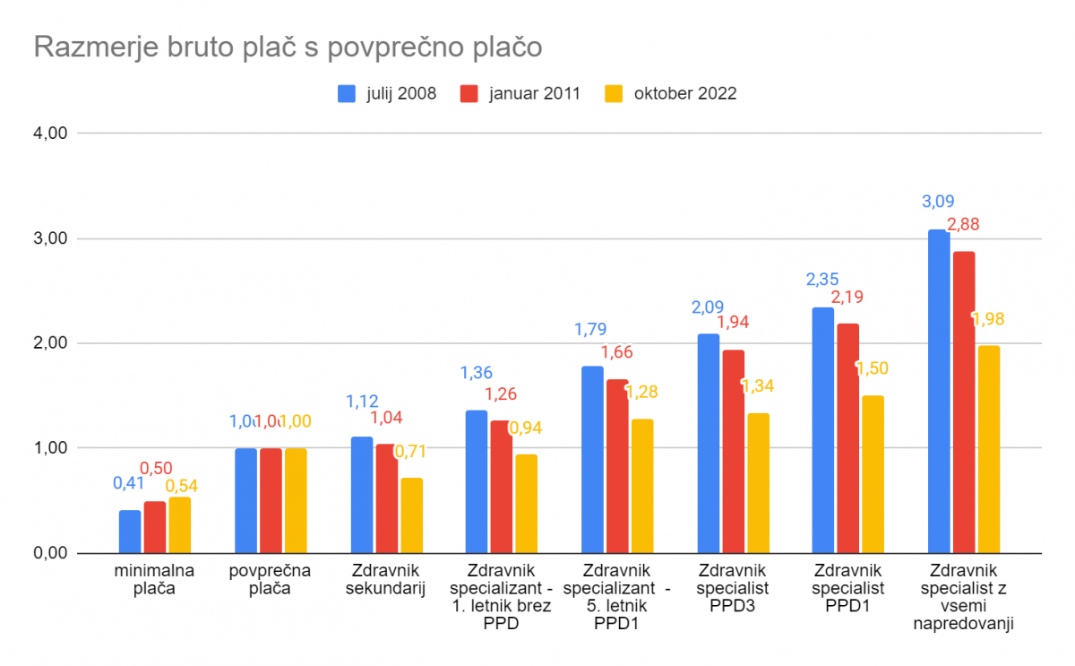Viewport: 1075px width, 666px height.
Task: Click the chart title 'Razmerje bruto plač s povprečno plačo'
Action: (288, 47)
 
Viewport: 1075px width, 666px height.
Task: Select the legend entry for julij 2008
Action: (387, 93)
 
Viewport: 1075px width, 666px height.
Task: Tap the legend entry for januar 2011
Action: (520, 93)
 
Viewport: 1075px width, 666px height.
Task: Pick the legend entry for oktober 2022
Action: (671, 93)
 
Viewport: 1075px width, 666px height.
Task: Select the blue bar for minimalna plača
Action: (130, 532)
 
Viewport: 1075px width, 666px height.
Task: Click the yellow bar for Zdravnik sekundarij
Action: (411, 515)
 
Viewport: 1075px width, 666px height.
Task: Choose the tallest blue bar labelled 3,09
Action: (939, 391)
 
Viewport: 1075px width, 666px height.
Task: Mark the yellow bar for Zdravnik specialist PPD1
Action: (873, 474)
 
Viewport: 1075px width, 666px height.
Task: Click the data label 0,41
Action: (129, 484)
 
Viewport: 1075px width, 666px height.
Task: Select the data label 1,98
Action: (989, 319)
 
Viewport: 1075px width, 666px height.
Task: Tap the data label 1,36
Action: (477, 373)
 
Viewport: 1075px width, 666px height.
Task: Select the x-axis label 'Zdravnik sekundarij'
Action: (386, 580)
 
